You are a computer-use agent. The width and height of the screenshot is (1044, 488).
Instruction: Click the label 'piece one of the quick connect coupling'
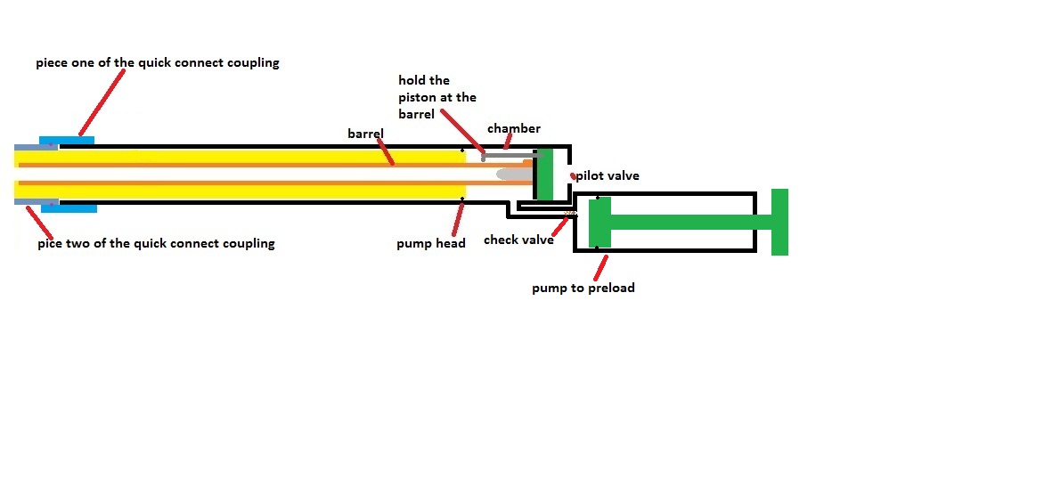158,63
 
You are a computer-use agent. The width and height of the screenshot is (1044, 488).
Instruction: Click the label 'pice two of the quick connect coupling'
156,243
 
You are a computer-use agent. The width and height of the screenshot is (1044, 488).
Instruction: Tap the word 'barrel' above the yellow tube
365,134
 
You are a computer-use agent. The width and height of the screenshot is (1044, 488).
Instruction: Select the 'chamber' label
514,129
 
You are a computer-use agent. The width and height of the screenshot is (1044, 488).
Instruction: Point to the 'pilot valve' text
608,176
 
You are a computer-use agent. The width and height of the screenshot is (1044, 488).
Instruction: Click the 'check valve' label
518,240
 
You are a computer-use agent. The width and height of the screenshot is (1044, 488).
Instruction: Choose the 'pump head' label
431,243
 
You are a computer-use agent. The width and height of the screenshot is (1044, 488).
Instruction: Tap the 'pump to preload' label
583,288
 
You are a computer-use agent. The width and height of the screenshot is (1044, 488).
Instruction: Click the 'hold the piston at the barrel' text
437,97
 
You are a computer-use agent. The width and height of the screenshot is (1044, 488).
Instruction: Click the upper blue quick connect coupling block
67,142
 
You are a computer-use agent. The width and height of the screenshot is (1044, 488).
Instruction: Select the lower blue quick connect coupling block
69,207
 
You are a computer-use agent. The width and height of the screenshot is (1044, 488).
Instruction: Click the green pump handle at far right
779,222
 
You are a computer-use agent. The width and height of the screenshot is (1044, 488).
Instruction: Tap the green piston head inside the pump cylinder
599,222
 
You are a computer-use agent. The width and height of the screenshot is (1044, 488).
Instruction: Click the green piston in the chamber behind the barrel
544,174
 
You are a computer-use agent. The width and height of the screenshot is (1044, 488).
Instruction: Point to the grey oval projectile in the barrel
515,174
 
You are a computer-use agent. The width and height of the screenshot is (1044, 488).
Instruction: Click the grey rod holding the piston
512,155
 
